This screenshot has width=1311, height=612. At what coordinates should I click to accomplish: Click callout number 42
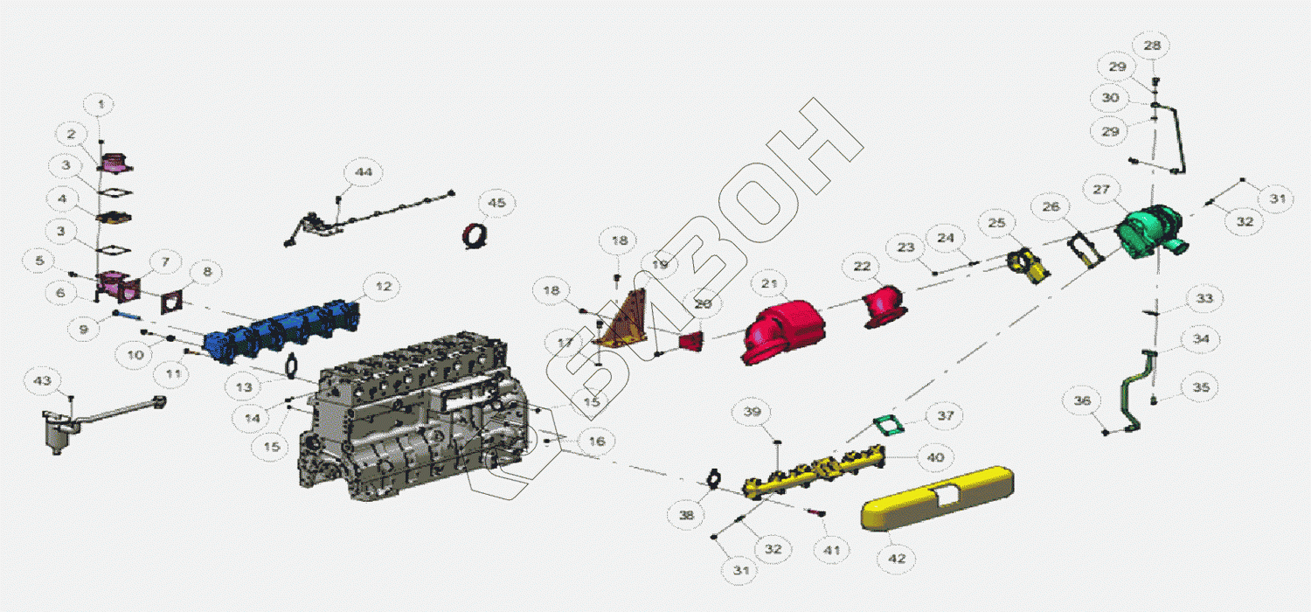[x=897, y=558]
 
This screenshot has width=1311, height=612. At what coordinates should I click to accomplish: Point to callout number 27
[x=1100, y=189]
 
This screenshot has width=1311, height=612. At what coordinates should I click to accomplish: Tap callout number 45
[x=496, y=203]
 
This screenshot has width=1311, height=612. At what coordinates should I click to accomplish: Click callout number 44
[x=363, y=172]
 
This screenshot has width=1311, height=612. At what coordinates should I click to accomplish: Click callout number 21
[x=768, y=283]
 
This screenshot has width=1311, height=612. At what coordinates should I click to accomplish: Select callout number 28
[x=1153, y=45]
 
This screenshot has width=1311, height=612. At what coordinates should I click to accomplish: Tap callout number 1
[x=101, y=105]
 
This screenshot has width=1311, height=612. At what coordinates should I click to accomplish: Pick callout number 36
[x=1083, y=400]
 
